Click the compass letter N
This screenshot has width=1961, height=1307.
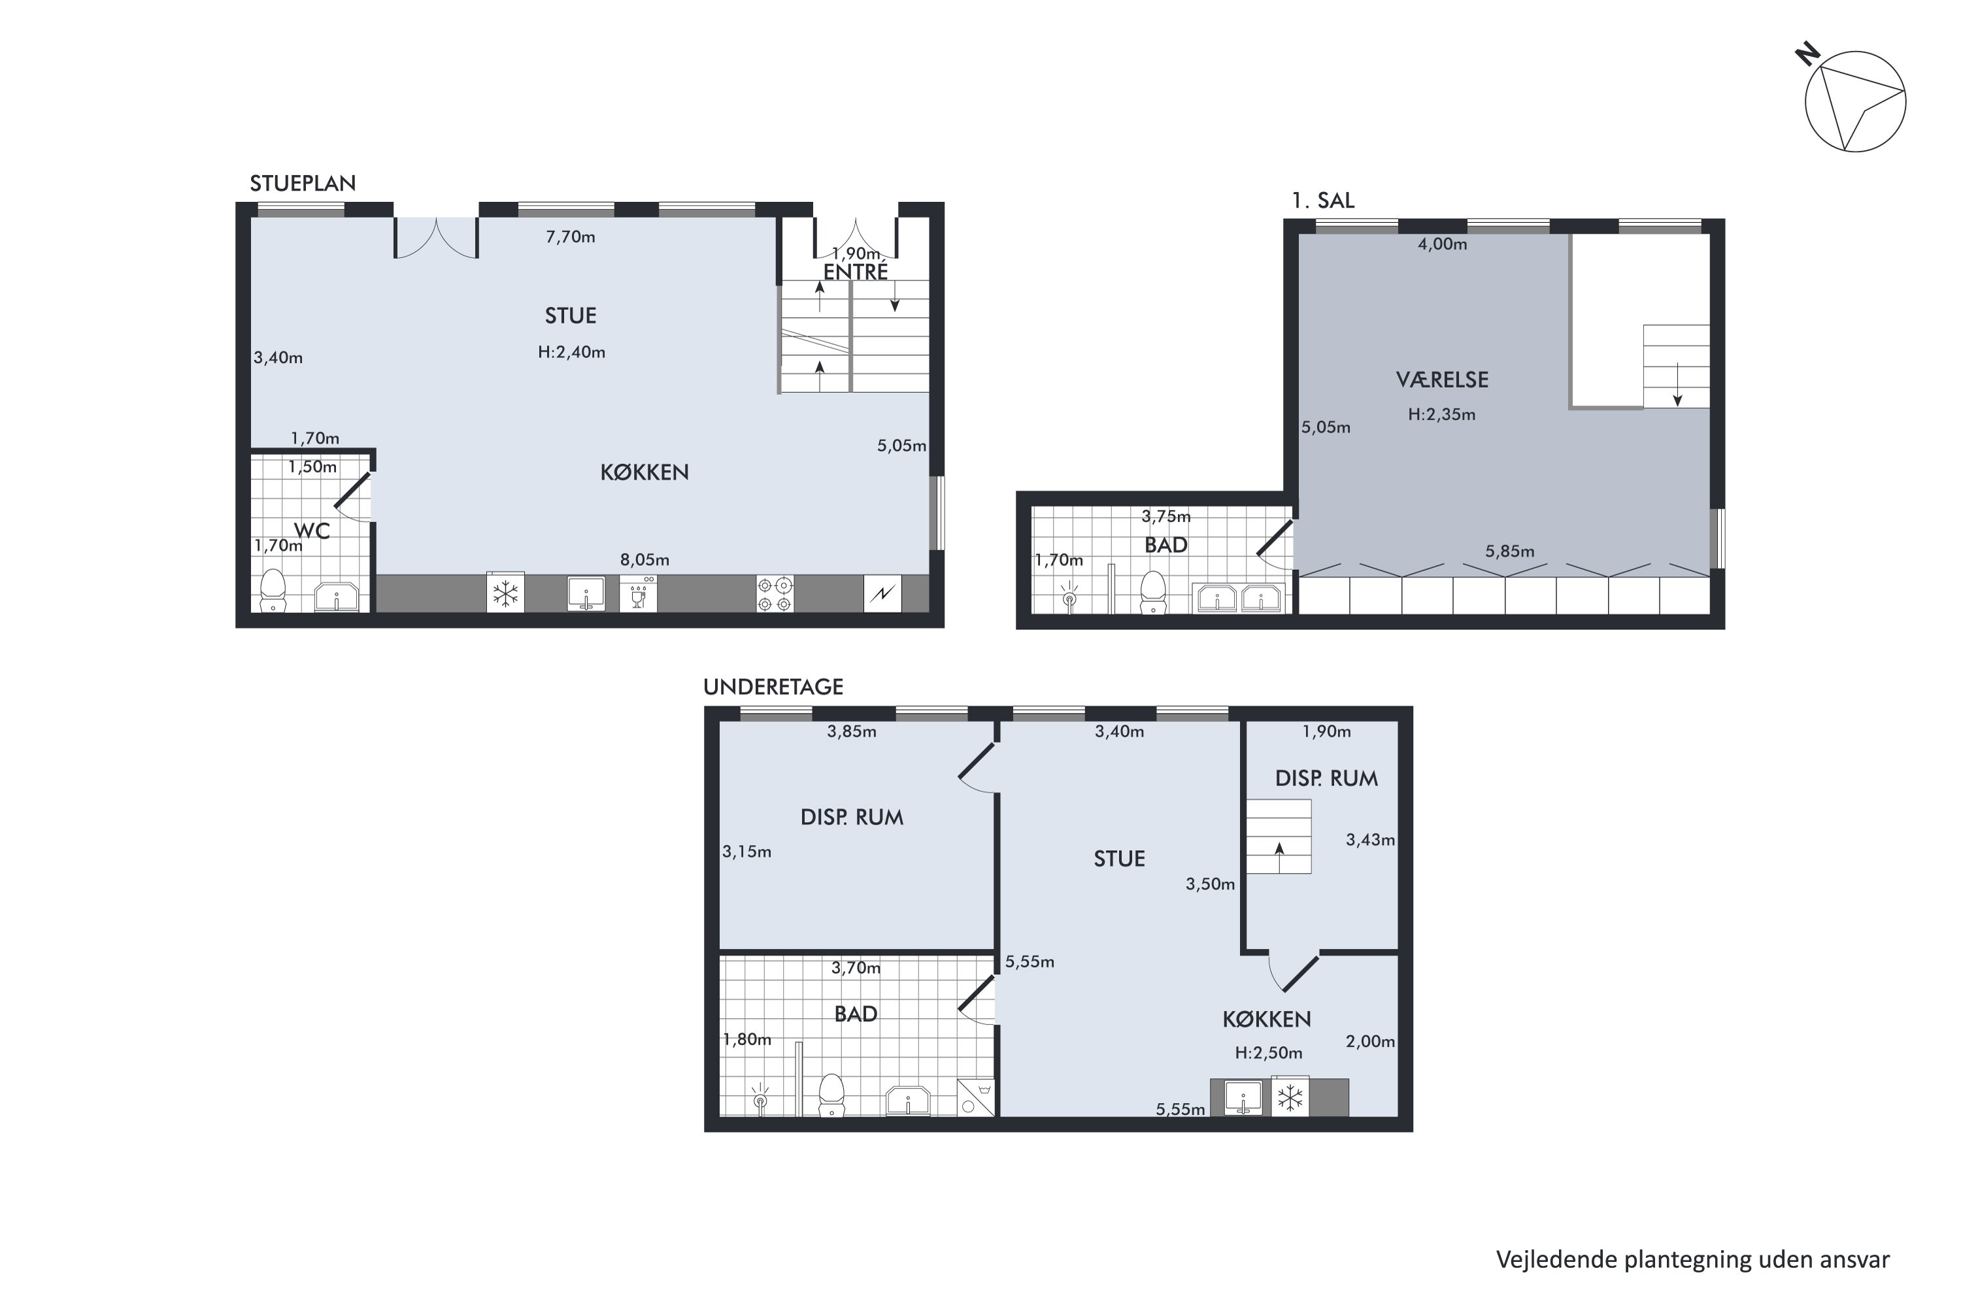pos(1807,56)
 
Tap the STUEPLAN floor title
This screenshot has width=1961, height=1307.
pos(303,184)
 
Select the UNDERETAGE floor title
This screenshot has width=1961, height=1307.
pos(773,687)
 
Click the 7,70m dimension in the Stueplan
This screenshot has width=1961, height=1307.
pos(570,237)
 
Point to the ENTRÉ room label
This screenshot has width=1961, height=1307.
pos(856,272)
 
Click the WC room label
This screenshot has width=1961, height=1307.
pos(312,531)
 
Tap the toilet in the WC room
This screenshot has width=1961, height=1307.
pos(273,590)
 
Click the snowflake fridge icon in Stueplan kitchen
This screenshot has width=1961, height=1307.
pos(505,593)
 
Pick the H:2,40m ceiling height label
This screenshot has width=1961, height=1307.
pos(571,352)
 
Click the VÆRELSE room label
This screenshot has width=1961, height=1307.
pos(1441,380)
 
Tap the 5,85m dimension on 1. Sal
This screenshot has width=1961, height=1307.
pos(1509,551)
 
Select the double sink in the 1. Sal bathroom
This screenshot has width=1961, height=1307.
pos(1238,599)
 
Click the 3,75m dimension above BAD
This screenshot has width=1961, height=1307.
pos(1165,516)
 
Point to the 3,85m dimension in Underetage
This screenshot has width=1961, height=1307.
pos(851,731)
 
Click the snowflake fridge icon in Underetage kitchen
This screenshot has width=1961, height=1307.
pos(1290,1097)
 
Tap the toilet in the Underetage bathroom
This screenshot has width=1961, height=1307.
pos(831,1095)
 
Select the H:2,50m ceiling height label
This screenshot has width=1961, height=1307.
pos(1268,1053)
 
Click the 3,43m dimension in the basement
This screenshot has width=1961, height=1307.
pos(1370,840)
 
